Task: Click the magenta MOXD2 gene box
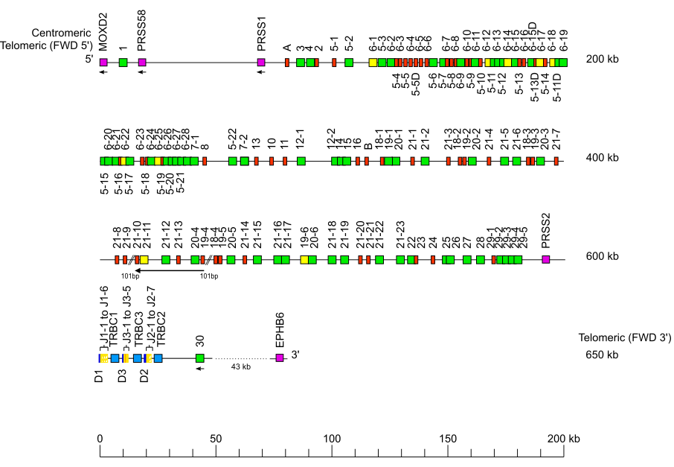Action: [x=103, y=63]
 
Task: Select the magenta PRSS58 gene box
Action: [x=142, y=63]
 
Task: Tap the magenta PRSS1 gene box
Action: [x=261, y=63]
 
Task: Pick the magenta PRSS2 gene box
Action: [x=546, y=259]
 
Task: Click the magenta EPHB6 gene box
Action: [x=280, y=358]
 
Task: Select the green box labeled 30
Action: [x=200, y=358]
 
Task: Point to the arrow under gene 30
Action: [x=200, y=369]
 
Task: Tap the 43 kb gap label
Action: [x=241, y=366]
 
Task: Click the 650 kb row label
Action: [x=602, y=355]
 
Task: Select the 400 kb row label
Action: [x=602, y=157]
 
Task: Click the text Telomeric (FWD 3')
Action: [x=616, y=337]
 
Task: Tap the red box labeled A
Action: [x=287, y=63]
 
